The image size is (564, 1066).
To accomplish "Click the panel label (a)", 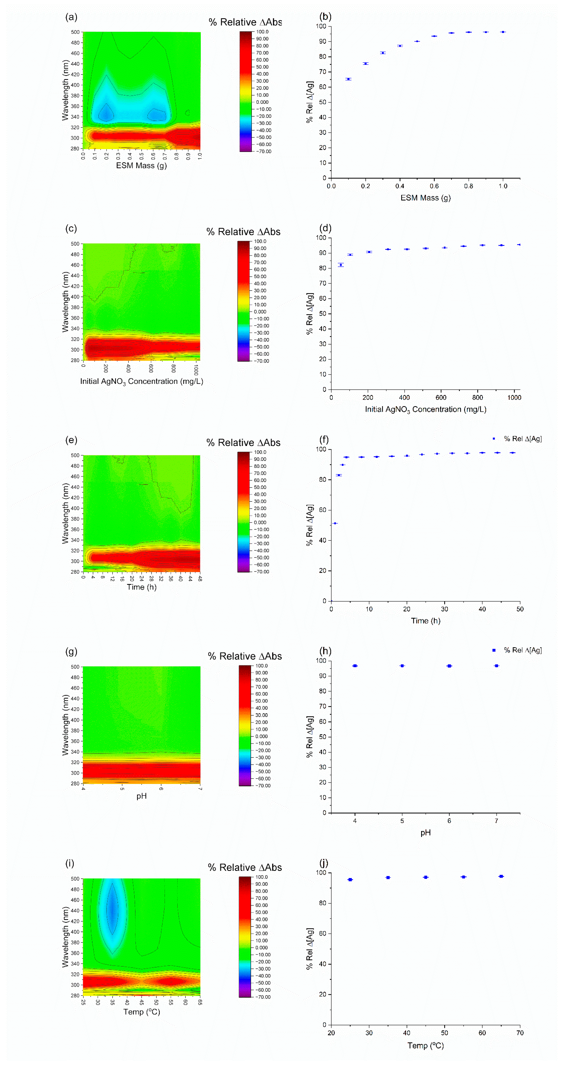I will pyautogui.click(x=71, y=17).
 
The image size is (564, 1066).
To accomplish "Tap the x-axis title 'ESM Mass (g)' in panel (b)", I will pyautogui.click(x=425, y=198).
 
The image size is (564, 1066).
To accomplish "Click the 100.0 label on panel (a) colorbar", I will pyautogui.click(x=262, y=32).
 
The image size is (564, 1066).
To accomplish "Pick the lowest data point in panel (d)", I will pyautogui.click(x=341, y=265).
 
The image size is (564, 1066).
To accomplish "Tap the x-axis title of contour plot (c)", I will pyautogui.click(x=142, y=381).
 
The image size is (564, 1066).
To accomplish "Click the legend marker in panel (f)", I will pyautogui.click(x=494, y=439).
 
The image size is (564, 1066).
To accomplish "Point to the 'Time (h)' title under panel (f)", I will pyautogui.click(x=425, y=621).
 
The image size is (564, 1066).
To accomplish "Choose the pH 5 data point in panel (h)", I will pyautogui.click(x=402, y=666).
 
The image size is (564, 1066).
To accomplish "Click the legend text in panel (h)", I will pyautogui.click(x=523, y=650).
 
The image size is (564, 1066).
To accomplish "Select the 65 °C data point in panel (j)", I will pyautogui.click(x=501, y=876).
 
